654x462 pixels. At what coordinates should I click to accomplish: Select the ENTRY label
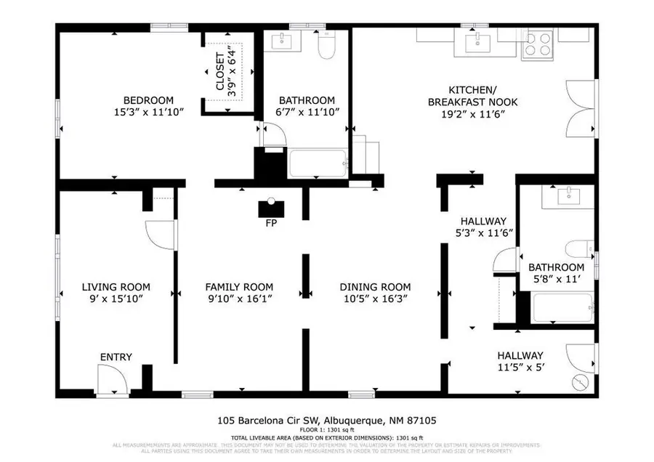pos(116,357)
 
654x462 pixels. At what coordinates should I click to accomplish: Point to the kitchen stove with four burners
pos(539,44)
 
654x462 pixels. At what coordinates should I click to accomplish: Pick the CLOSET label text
pos(219,72)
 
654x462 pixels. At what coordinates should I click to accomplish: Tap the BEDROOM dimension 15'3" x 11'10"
pos(148,113)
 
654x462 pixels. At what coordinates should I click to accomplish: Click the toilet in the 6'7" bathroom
pos(326,46)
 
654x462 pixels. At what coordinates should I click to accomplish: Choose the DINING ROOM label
pos(375,287)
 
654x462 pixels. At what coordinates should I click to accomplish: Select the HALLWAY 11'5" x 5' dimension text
pos(520,368)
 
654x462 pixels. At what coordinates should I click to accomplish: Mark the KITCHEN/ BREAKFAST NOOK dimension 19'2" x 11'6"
pos(472,114)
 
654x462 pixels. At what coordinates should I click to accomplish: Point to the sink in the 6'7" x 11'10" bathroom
pos(280,42)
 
